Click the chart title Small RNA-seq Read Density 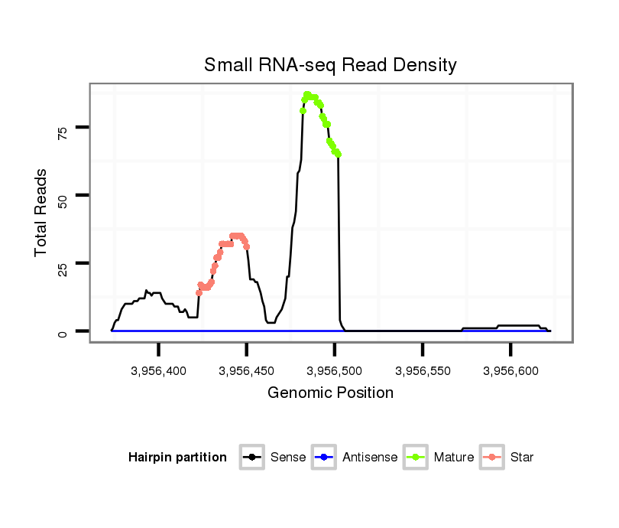(x=330, y=65)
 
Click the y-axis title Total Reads (x=42, y=212)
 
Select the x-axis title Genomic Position (x=330, y=393)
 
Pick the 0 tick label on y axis (x=63, y=332)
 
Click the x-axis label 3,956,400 (x=159, y=371)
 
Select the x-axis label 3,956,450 (x=247, y=371)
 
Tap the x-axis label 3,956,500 (x=335, y=371)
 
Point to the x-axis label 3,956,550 (x=423, y=371)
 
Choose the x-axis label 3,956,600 (x=510, y=371)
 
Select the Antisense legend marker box (x=324, y=458)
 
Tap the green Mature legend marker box (x=415, y=458)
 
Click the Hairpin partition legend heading (x=177, y=458)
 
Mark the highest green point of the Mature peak (x=306, y=95)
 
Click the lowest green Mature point (x=338, y=154)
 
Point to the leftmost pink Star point (x=199, y=292)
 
